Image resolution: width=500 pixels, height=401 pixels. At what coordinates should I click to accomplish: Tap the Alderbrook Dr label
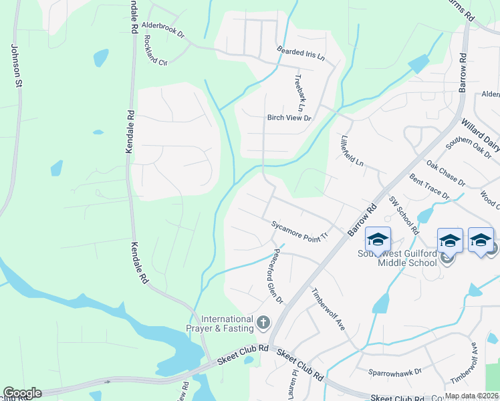pyautogui.click(x=162, y=30)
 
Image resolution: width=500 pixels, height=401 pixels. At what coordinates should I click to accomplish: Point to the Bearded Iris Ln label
pyautogui.click(x=301, y=53)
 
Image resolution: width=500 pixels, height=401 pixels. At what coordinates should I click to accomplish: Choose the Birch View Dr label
pyautogui.click(x=289, y=118)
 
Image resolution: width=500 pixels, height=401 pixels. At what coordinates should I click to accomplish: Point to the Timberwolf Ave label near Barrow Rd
pyautogui.click(x=328, y=309)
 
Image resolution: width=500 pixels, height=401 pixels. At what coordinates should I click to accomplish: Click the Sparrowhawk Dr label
pyautogui.click(x=395, y=371)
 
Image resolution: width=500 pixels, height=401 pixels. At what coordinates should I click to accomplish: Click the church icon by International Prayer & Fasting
pyautogui.click(x=263, y=323)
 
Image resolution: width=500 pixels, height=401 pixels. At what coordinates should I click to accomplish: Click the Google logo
pyautogui.click(x=22, y=393)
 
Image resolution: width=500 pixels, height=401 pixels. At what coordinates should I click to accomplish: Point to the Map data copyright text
pyautogui.click(x=471, y=396)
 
